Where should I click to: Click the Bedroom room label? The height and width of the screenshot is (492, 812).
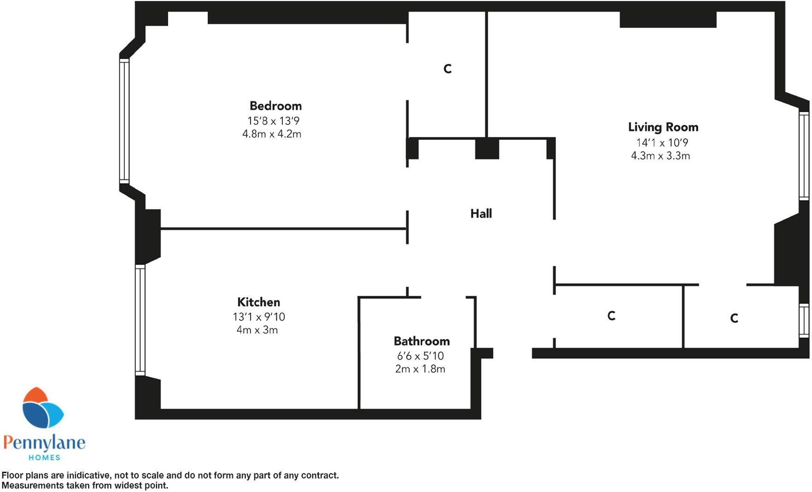coord(275,106)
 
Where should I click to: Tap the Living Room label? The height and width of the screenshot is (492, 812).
coord(663,127)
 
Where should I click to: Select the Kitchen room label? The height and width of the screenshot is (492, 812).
coord(258,302)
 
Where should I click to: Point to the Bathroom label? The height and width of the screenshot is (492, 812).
coord(422,341)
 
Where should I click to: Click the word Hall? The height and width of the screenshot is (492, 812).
coord(481,213)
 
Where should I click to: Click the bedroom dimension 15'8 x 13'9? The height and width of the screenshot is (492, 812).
coord(273,121)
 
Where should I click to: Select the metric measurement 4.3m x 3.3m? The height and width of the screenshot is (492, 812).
coord(660,156)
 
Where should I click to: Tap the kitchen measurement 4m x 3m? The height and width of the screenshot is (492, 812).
coord(257,330)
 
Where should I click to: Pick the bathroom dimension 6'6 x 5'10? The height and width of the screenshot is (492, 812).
coord(420,356)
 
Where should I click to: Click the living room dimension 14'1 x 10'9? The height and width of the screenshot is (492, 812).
coord(662,143)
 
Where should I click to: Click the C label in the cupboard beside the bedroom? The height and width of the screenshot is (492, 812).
coord(447,69)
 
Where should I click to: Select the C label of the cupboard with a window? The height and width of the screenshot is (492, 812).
coord(734,318)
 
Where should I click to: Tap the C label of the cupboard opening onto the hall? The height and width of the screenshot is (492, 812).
coord(611,316)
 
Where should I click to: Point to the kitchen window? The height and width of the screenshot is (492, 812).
coord(140,320)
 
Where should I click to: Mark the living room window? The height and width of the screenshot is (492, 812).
coord(804,155)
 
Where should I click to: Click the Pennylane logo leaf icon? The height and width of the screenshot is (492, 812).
coord(42,408)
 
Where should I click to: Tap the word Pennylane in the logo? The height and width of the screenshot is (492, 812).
coord(44,443)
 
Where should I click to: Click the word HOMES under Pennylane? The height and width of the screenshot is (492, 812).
coord(44,457)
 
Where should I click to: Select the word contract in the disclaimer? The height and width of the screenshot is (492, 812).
coord(319,475)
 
